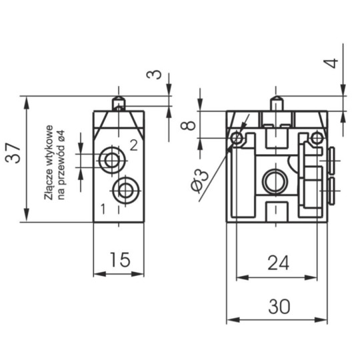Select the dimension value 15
coord(118,259)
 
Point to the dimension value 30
coord(279,307)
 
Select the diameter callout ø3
coord(199,182)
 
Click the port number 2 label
coord(133,145)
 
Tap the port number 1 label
coord(103,209)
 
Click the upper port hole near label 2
coord(109,159)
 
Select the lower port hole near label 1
coord(124,191)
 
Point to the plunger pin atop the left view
coord(118,103)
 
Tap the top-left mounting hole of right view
coord(237,138)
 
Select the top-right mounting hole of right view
coord(316,138)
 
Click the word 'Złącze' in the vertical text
coord(49,190)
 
